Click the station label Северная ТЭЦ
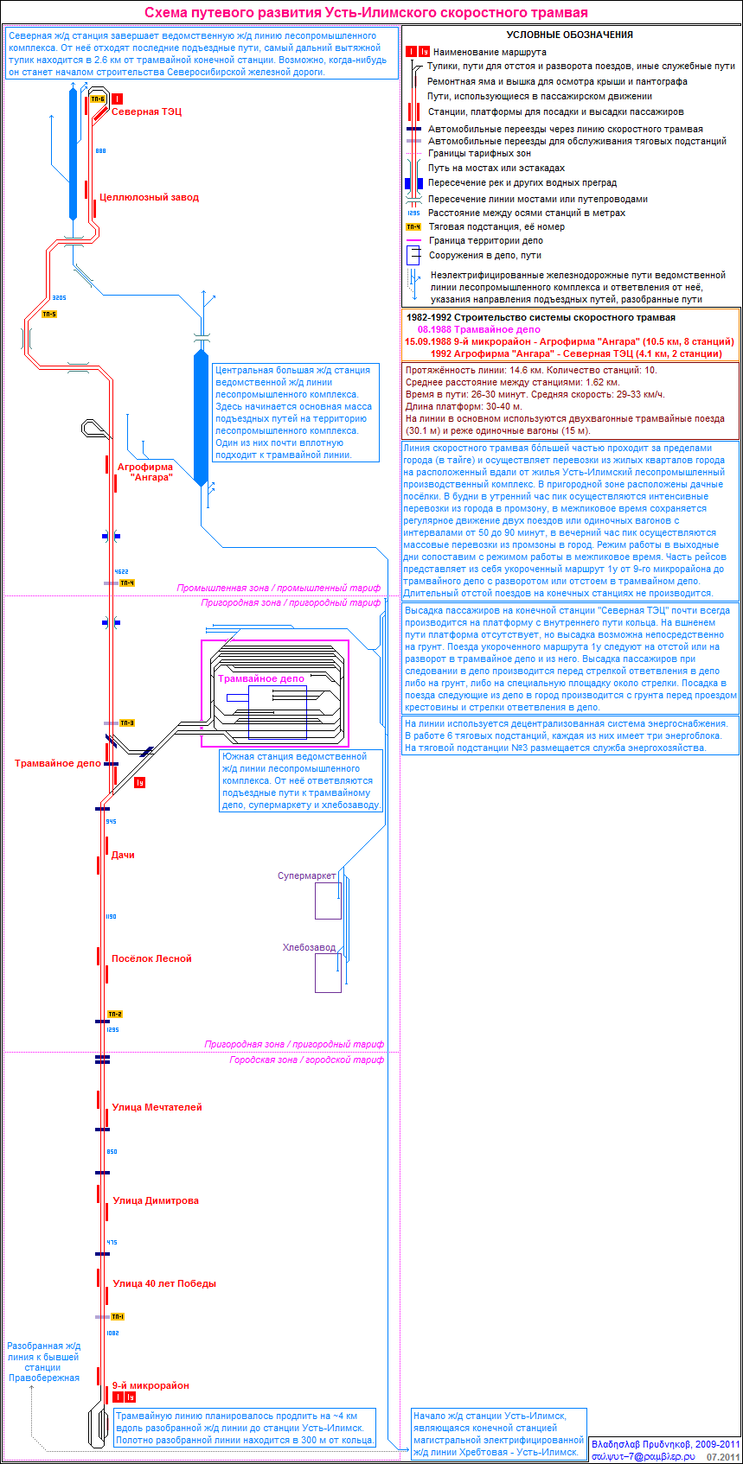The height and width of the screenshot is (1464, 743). pyautogui.click(x=146, y=111)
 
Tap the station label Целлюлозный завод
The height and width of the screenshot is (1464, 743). pyautogui.click(x=149, y=197)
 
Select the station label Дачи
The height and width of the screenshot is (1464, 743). pyautogui.click(x=123, y=855)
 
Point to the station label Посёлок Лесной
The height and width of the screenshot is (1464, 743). pyautogui.click(x=151, y=958)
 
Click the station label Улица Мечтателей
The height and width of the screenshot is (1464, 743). pyautogui.click(x=157, y=1107)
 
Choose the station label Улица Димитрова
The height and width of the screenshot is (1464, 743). pyautogui.click(x=156, y=1200)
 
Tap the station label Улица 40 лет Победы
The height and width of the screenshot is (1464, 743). pyautogui.click(x=164, y=1283)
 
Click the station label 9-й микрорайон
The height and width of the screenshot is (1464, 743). pyautogui.click(x=151, y=1385)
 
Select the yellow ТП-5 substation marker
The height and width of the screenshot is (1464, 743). pyautogui.click(x=49, y=314)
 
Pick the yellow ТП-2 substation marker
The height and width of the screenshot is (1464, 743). pyautogui.click(x=115, y=1014)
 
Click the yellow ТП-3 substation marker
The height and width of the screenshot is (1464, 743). pyautogui.click(x=127, y=722)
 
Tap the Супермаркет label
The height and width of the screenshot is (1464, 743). pyautogui.click(x=307, y=875)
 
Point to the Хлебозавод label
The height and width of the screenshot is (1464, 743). pyautogui.click(x=309, y=948)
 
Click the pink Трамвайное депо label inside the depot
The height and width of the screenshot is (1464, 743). pyautogui.click(x=261, y=678)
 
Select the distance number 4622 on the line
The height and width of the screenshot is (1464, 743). pyautogui.click(x=121, y=572)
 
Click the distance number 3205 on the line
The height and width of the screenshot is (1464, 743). pyautogui.click(x=59, y=297)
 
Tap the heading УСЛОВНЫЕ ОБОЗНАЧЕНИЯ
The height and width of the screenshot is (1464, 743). pyautogui.click(x=569, y=35)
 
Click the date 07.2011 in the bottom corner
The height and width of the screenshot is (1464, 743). pyautogui.click(x=723, y=1456)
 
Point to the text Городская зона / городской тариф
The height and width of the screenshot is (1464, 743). pyautogui.click(x=307, y=1060)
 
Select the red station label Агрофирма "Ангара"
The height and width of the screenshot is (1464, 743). pyautogui.click(x=145, y=472)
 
